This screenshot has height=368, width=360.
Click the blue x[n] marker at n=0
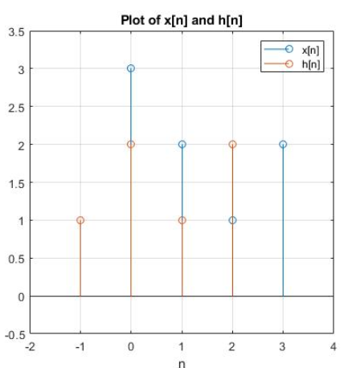(x=130, y=68)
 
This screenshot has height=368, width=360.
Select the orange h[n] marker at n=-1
(x=80, y=220)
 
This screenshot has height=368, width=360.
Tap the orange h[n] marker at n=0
(x=130, y=145)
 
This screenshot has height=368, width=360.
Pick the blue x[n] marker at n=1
(x=182, y=145)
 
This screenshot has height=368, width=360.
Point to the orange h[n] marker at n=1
(x=182, y=220)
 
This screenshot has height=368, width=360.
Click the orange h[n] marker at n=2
(x=232, y=145)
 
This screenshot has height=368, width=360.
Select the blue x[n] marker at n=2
(x=232, y=220)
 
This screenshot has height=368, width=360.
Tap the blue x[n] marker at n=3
(x=283, y=145)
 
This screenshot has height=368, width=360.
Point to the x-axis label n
(x=182, y=362)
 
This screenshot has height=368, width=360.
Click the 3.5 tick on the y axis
(x=16, y=31)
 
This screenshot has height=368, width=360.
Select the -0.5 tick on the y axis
(x=14, y=335)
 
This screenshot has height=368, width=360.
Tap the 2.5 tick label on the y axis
(x=16, y=107)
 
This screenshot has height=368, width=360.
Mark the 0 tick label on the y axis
(x=20, y=296)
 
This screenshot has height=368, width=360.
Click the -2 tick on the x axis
(x=30, y=346)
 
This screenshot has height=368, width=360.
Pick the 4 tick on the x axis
(x=333, y=346)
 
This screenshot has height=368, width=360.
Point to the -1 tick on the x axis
(x=80, y=346)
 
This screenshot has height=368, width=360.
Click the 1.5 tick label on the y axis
(x=16, y=182)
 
